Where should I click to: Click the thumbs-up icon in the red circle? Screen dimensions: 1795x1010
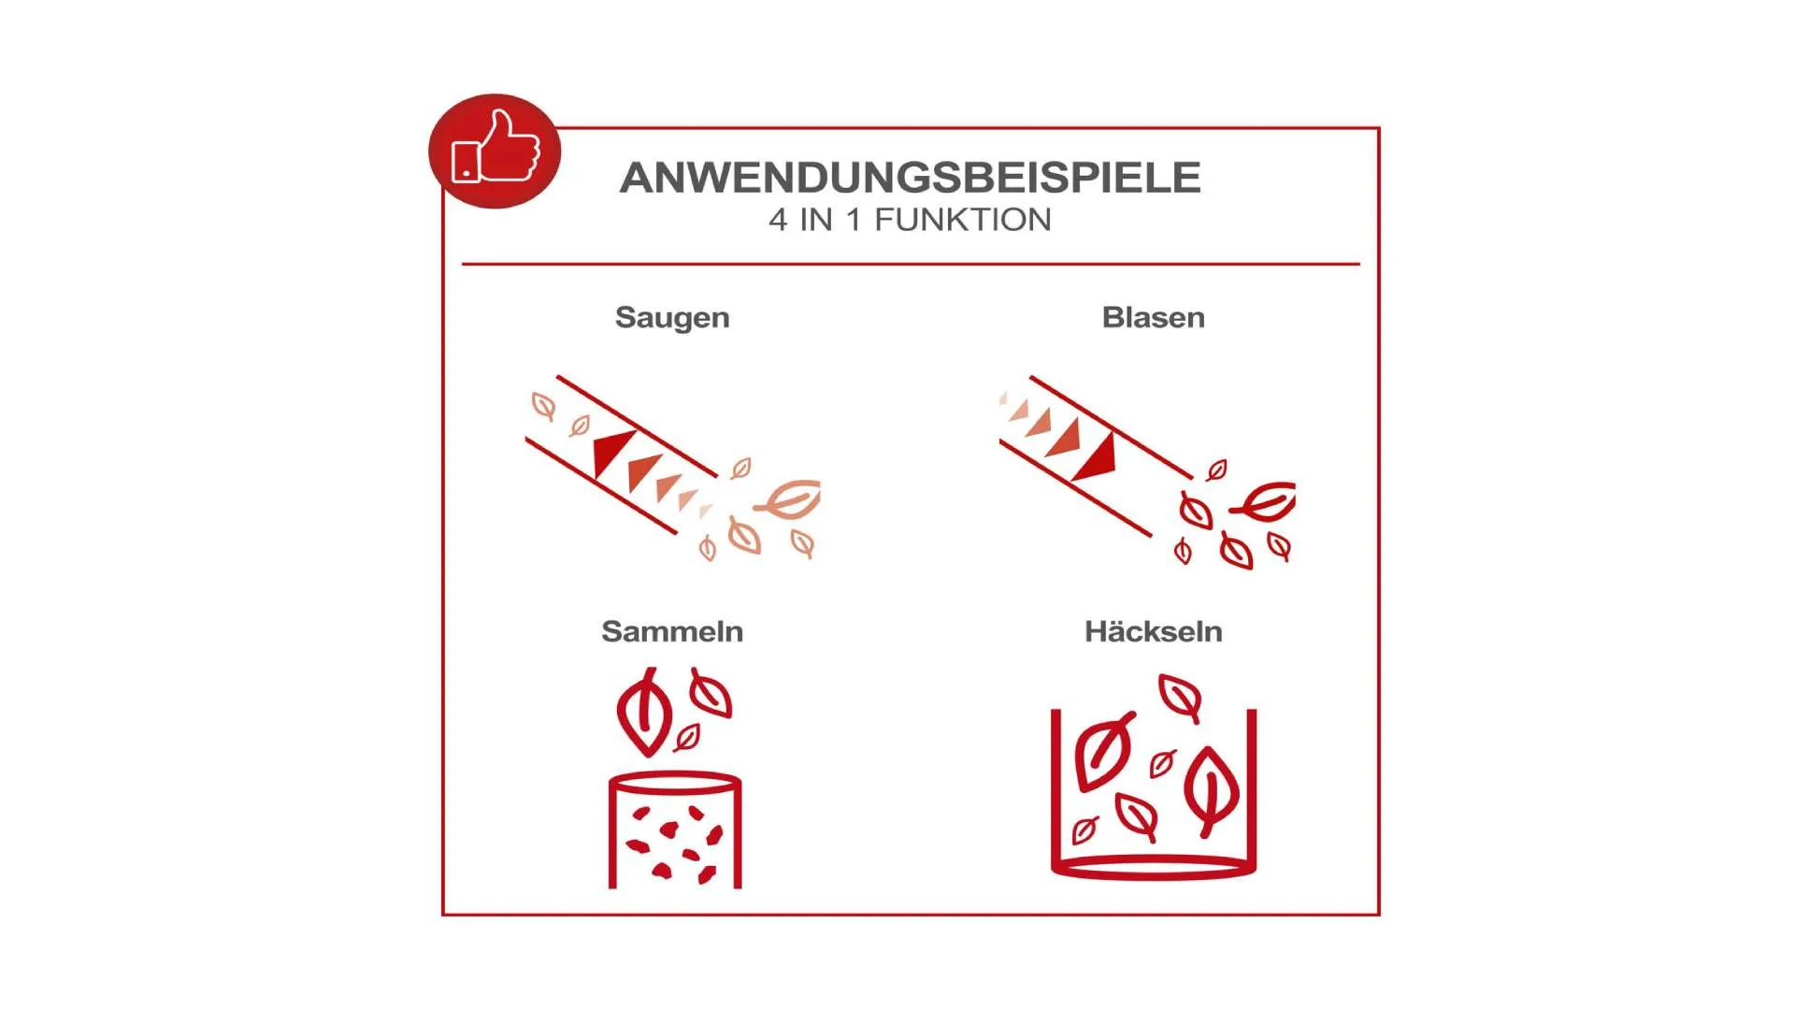(495, 147)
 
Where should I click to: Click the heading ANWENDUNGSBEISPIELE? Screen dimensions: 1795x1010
(910, 178)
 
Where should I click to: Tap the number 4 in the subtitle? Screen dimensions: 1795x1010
(778, 220)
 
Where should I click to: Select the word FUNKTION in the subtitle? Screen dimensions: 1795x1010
(962, 220)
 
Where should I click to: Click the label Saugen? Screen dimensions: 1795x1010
(672, 318)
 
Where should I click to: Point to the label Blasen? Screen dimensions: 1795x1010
(1153, 317)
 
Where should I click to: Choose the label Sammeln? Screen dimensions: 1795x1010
(672, 631)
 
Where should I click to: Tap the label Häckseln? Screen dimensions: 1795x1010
(1153, 631)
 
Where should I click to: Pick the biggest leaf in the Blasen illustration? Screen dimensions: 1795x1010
(1264, 502)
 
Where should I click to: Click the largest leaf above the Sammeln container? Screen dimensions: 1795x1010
(644, 712)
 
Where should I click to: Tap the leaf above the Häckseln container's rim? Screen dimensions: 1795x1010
(1180, 698)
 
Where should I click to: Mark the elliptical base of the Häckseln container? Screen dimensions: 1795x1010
(1153, 869)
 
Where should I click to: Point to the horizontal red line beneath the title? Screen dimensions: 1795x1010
(911, 265)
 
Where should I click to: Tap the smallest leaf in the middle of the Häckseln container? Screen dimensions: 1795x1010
(1163, 763)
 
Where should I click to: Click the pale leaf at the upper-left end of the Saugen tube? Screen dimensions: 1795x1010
(543, 406)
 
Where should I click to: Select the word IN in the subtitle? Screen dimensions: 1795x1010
(816, 220)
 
